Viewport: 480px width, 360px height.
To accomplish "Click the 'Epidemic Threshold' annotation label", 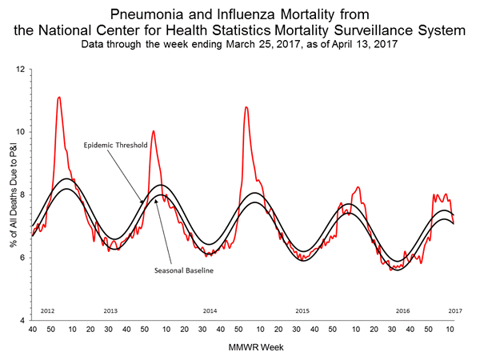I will click(x=114, y=146).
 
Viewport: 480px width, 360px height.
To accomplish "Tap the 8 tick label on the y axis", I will click(x=22, y=194).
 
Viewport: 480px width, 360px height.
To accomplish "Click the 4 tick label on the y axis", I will click(x=22, y=320).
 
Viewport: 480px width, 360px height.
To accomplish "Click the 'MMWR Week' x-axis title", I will click(x=242, y=347).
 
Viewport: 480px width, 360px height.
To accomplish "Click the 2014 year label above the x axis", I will click(x=210, y=310).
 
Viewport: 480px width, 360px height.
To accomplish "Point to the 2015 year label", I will click(x=302, y=310).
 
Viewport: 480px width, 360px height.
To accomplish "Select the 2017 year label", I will click(x=454, y=310).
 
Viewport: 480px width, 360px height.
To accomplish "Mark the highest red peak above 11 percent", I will click(x=58, y=98).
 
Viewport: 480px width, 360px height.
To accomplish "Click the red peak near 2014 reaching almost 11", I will click(x=246, y=107).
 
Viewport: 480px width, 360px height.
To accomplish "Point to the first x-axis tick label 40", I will click(x=32, y=330).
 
